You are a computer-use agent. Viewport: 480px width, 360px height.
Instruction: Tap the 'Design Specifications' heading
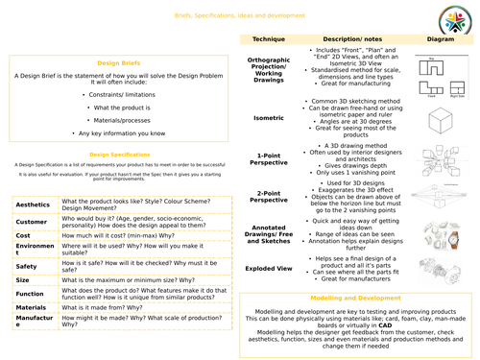(121, 153)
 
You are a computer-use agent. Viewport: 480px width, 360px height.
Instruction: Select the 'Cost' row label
(23, 234)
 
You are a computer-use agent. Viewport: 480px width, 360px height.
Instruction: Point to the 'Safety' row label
(26, 266)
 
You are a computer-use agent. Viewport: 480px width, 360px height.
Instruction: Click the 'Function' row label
(30, 296)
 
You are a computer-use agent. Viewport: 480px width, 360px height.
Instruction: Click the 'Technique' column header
(269, 39)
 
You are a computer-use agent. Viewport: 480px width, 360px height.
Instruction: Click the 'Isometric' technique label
(269, 119)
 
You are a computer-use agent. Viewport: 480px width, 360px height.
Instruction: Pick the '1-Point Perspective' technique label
(269, 158)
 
